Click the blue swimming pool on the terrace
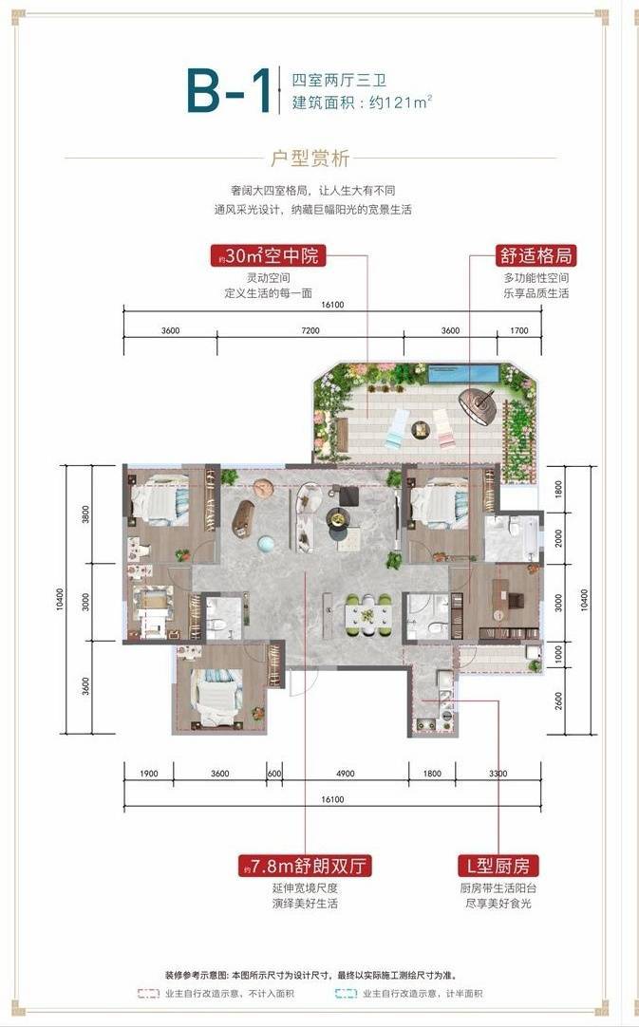coord(462,374)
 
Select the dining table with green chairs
coord(368,615)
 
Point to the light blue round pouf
coord(267,544)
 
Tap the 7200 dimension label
coord(310,330)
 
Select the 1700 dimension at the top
coord(519,330)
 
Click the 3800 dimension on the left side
coord(85,514)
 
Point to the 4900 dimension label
coord(346,774)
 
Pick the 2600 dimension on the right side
coord(558,700)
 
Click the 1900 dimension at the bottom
coord(149,774)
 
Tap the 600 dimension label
coord(274,774)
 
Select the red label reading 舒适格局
coord(536,255)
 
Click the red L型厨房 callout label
coord(498,866)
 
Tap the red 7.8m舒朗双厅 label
coord(306,866)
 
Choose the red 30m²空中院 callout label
coord(268,254)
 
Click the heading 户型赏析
coord(310,159)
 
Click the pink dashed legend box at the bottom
coord(148,994)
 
